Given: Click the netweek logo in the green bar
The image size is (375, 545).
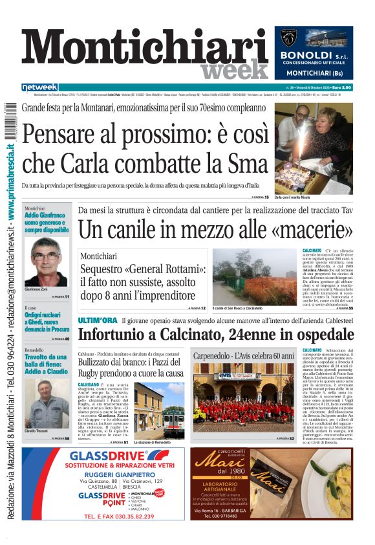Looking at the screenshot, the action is click(x=39, y=87).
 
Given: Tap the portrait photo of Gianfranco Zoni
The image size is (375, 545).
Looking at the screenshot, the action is click(x=46, y=258).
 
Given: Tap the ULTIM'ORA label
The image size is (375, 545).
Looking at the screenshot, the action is click(x=97, y=320).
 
